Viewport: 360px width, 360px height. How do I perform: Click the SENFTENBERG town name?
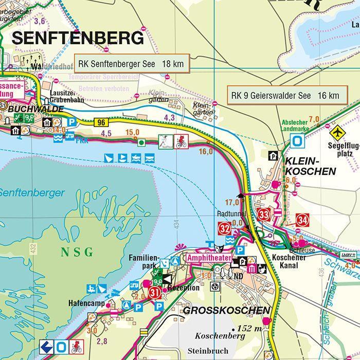point(78,38)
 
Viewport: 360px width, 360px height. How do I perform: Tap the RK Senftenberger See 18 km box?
point(132,65)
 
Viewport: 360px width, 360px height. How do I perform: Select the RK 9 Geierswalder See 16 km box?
point(285,95)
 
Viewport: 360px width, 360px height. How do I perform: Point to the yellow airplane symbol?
point(337,132)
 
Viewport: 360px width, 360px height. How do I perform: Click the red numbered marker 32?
point(224,228)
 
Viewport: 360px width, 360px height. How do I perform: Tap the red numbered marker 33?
point(264,214)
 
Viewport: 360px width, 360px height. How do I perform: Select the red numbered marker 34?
point(302,221)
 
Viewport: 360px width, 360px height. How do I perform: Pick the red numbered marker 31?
point(154,293)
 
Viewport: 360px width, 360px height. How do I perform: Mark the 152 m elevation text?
point(249,329)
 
